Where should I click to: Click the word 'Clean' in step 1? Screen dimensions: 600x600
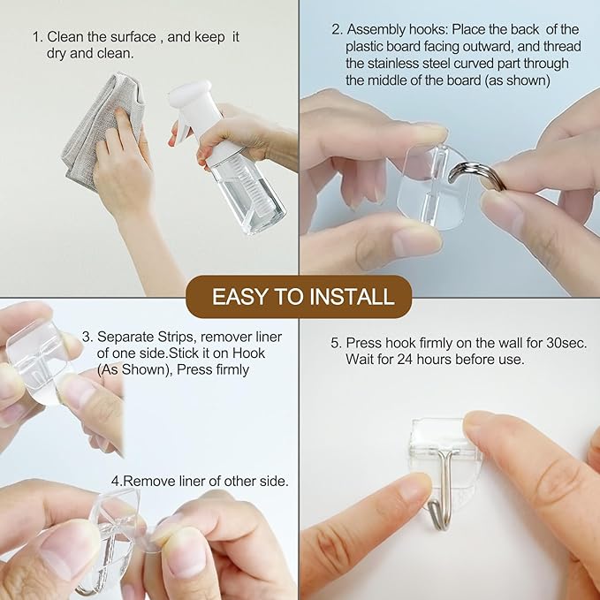67,37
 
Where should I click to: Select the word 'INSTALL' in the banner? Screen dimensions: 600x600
353,296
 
